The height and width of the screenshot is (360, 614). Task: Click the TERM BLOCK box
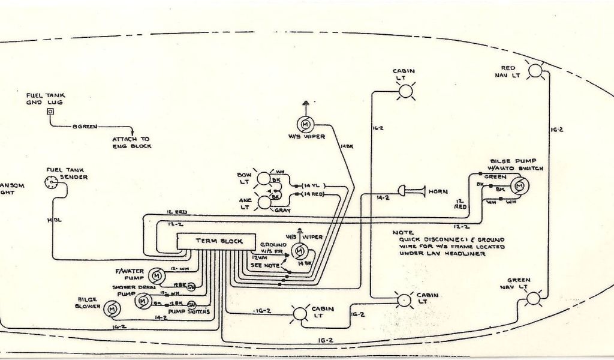[x=218, y=241]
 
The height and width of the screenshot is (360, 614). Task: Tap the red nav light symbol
[x=535, y=71]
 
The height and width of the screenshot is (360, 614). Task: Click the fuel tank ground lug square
[x=50, y=112]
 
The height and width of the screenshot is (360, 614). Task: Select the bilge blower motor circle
[x=111, y=308]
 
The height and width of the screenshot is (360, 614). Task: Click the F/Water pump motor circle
[x=156, y=275]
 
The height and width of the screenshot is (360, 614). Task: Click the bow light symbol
[x=263, y=178]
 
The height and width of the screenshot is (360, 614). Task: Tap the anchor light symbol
[x=263, y=202]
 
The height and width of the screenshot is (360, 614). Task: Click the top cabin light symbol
[x=407, y=91]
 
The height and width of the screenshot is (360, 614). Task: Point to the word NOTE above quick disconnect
[x=403, y=232]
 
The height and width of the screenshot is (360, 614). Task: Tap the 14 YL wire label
[x=313, y=185]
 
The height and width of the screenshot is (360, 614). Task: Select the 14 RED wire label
[x=314, y=195]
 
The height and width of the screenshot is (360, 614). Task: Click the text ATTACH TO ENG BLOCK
[x=132, y=142]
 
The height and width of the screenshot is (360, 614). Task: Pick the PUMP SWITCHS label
[x=189, y=312]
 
